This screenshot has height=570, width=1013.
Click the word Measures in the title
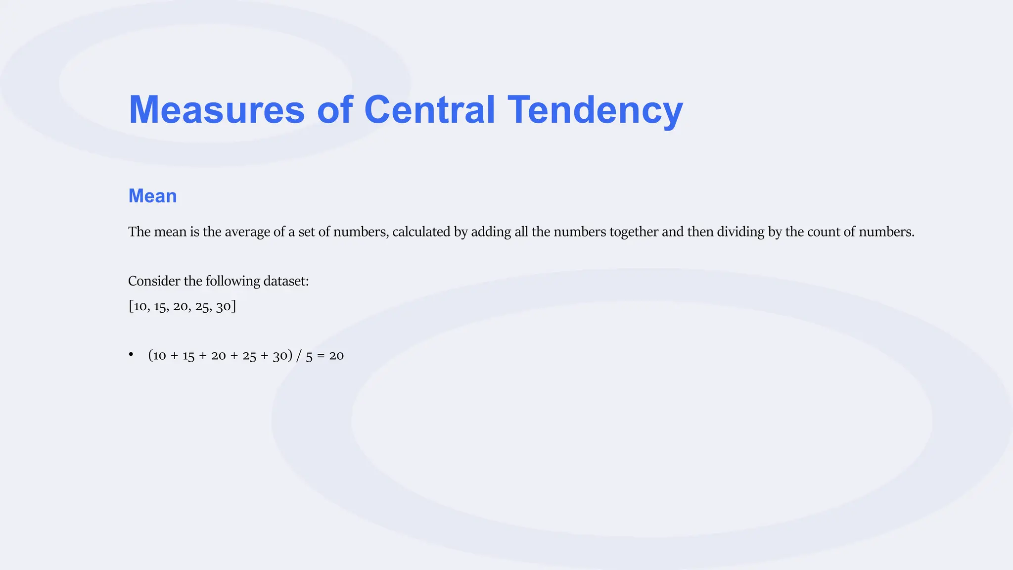click(x=217, y=109)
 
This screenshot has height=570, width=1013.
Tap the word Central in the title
click(x=429, y=109)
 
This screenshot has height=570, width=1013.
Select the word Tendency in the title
click(x=595, y=109)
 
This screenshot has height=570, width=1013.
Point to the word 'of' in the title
click(x=335, y=109)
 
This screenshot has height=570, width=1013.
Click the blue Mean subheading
click(x=152, y=196)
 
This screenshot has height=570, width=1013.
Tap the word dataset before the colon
click(x=285, y=281)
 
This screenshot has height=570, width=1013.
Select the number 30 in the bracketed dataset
click(x=224, y=306)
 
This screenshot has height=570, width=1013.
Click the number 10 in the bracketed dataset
click(x=140, y=306)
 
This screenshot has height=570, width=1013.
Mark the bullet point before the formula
click(x=131, y=354)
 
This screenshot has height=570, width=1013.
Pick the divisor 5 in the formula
click(x=309, y=356)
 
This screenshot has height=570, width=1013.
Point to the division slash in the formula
click(x=299, y=356)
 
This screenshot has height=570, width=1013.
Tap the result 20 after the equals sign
click(x=336, y=356)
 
